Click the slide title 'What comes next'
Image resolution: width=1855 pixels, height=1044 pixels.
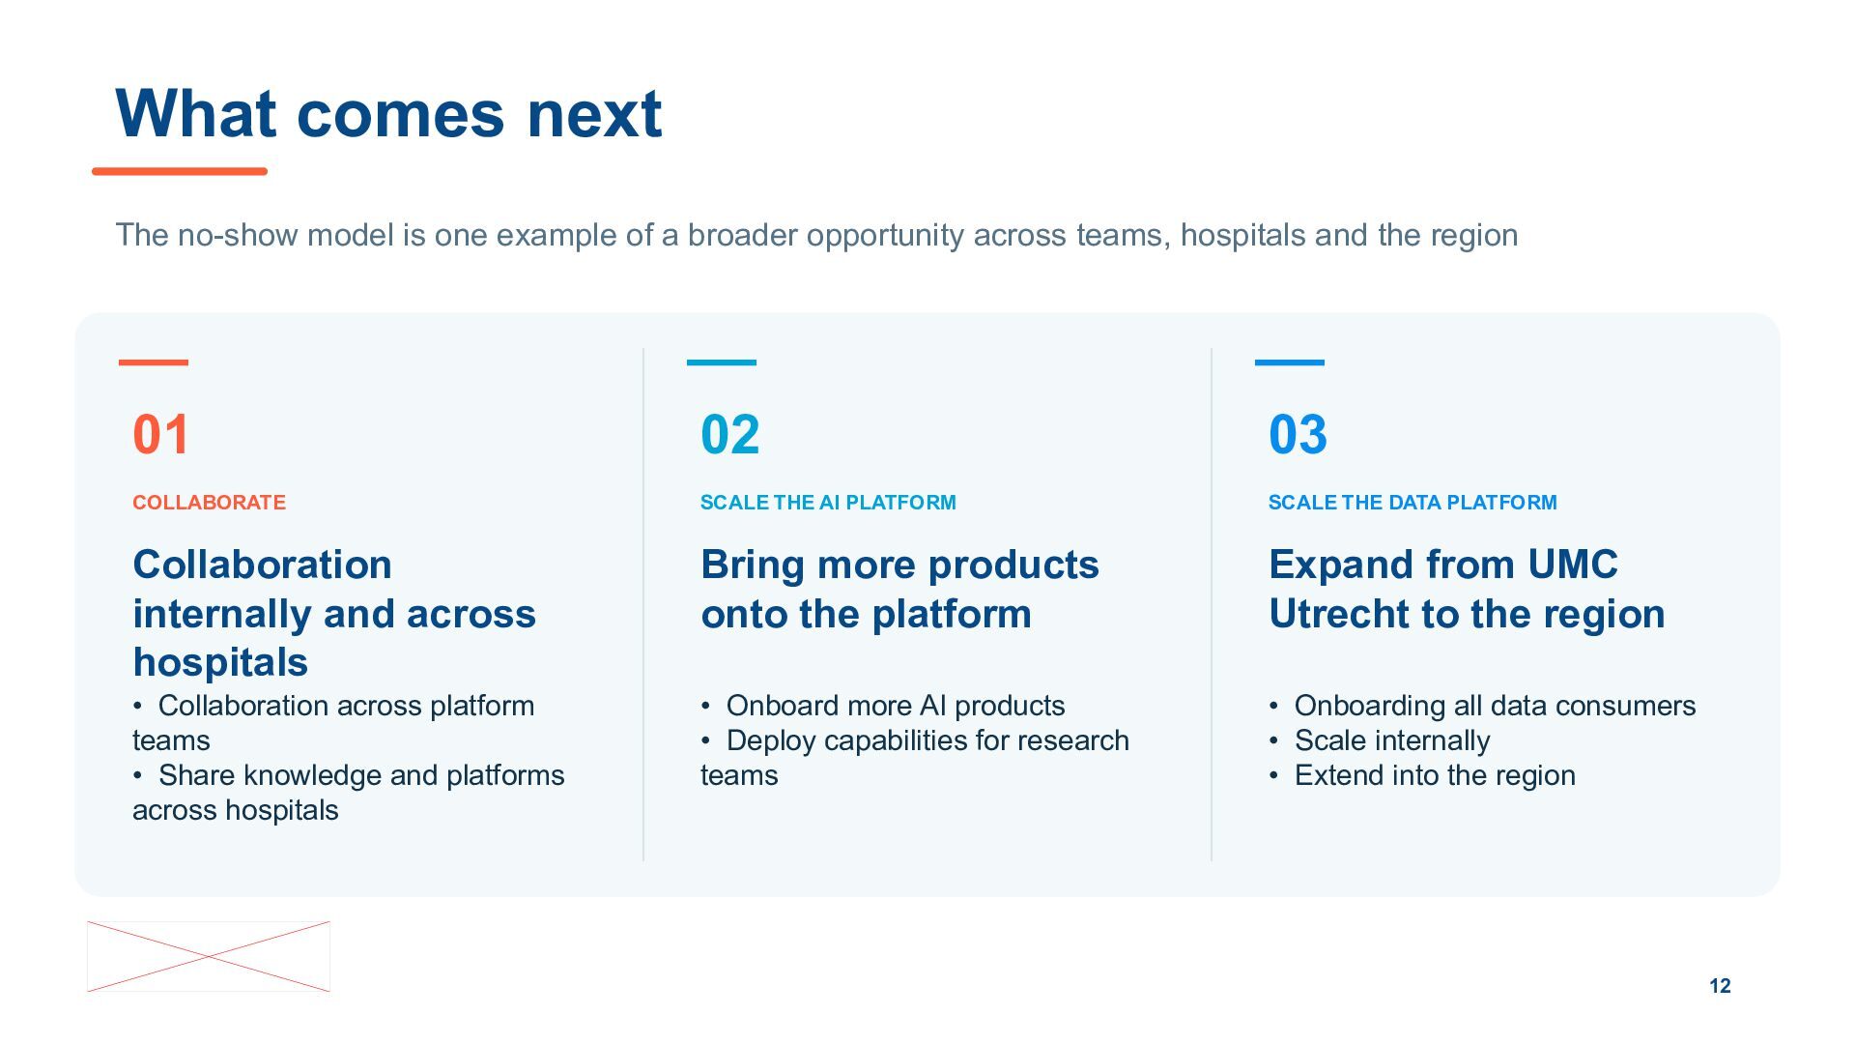click(388, 114)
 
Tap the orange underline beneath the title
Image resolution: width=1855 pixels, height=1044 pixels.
click(180, 171)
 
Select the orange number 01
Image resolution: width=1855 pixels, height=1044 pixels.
click(161, 434)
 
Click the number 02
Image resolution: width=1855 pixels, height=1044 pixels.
click(730, 434)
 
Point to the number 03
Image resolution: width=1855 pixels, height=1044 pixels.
click(1298, 434)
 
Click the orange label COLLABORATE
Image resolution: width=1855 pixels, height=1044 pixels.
click(209, 503)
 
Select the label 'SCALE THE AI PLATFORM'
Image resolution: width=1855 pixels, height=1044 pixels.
click(828, 503)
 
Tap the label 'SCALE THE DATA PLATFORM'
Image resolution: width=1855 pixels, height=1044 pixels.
click(1413, 503)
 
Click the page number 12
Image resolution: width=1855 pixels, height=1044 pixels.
click(1720, 986)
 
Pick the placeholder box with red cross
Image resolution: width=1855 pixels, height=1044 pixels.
click(209, 956)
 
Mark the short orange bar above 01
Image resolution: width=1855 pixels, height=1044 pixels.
click(154, 362)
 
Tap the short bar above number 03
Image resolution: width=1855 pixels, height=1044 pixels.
click(1290, 362)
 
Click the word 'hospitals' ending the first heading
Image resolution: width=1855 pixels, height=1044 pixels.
click(220, 663)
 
